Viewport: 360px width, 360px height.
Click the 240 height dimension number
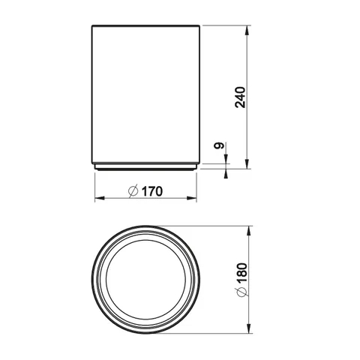point(240,97)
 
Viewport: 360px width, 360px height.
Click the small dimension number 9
point(219,145)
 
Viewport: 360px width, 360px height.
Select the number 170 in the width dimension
point(152,191)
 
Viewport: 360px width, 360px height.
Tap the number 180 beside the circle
point(242,272)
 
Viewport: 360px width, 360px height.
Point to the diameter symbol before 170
point(133,191)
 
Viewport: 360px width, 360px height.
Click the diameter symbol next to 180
point(241,292)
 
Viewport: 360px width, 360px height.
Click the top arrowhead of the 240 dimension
point(247,30)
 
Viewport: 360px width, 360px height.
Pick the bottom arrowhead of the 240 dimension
point(247,164)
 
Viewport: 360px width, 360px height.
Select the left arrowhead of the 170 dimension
point(100,198)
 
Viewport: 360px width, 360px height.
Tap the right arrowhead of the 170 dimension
point(192,198)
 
